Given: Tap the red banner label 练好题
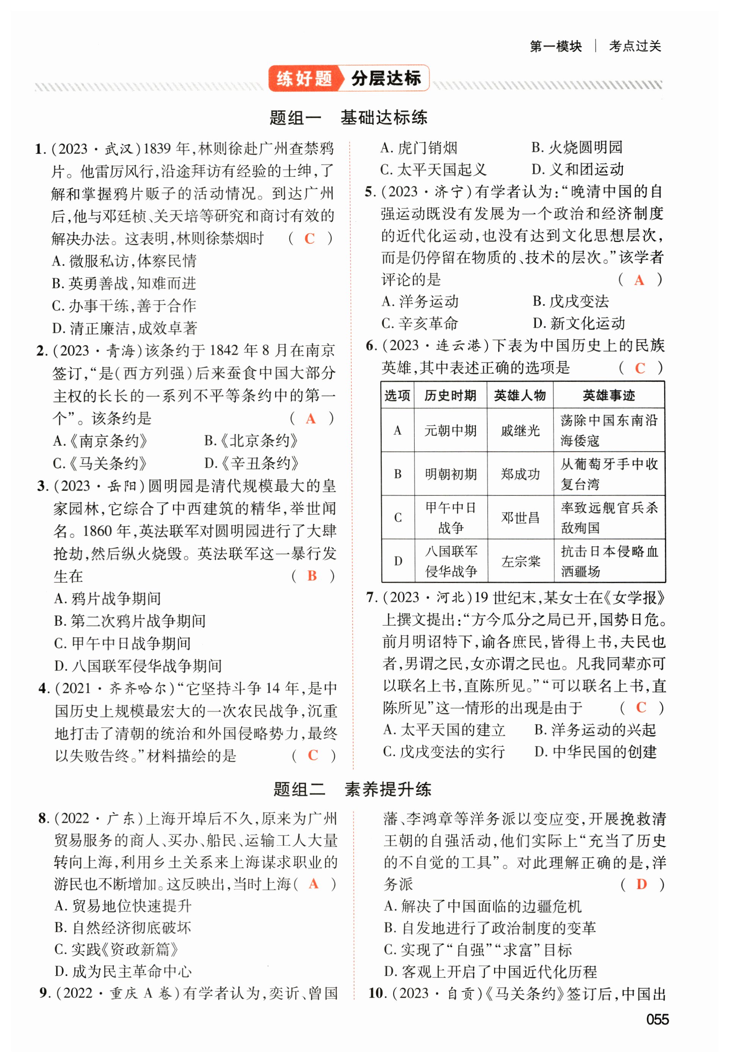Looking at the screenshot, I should pyautogui.click(x=304, y=79).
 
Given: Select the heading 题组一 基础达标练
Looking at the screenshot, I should pyautogui.click(x=348, y=117).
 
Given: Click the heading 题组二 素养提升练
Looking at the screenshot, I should pyautogui.click(x=352, y=789).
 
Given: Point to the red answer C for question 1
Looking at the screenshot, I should pyautogui.click(x=310, y=239).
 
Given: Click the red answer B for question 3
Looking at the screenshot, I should pyautogui.click(x=312, y=576).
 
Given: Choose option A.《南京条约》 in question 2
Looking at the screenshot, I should pyautogui.click(x=100, y=441).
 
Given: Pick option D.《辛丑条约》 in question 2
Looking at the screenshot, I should pyautogui.click(x=252, y=463).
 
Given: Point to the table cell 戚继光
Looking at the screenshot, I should pyautogui.click(x=520, y=431).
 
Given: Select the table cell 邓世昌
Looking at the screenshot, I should pyautogui.click(x=520, y=518).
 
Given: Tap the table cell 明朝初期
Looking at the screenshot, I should pyautogui.click(x=450, y=474).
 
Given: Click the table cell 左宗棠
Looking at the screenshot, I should pyautogui.click(x=520, y=561).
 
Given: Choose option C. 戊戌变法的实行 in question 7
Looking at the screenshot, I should pyautogui.click(x=444, y=752).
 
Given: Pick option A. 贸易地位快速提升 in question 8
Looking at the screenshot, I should pyautogui.click(x=122, y=906).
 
